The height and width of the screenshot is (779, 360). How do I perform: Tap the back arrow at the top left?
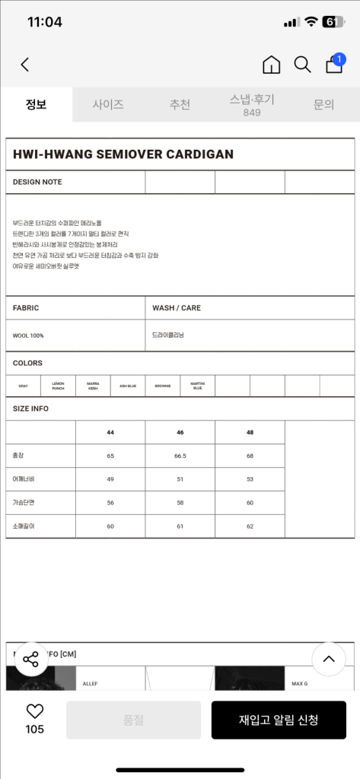click(x=25, y=65)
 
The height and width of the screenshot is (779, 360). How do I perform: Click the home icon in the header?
click(x=271, y=65)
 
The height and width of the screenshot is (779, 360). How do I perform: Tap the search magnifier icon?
click(x=302, y=65)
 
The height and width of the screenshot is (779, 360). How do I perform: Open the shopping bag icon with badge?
click(x=334, y=64)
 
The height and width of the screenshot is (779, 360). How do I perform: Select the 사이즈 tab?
click(x=108, y=105)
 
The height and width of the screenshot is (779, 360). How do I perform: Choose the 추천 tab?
click(x=180, y=105)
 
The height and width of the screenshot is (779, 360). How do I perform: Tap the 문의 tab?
click(x=323, y=105)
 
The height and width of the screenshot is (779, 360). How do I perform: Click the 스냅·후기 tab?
click(x=252, y=105)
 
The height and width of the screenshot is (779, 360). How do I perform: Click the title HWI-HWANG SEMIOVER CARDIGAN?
click(x=123, y=154)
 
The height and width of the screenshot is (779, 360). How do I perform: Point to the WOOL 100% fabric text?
click(x=28, y=335)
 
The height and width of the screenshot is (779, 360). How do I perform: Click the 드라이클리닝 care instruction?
click(x=168, y=335)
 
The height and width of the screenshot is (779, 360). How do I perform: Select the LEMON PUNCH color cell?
click(x=58, y=386)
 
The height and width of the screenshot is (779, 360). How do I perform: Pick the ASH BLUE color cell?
click(x=128, y=386)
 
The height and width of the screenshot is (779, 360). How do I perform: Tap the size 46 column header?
click(x=180, y=431)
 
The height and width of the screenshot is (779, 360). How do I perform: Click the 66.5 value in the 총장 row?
click(x=180, y=456)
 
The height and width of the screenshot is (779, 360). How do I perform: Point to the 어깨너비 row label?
click(x=24, y=479)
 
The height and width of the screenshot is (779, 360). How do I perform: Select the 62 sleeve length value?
click(x=250, y=526)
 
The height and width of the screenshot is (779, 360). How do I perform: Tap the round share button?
click(x=30, y=660)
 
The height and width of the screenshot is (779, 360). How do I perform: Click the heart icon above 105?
click(x=35, y=712)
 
